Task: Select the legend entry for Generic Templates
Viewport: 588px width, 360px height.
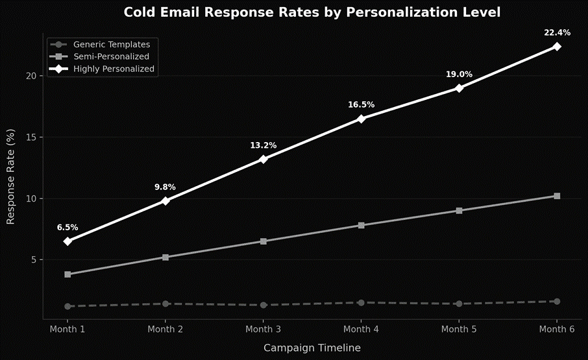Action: click(x=111, y=45)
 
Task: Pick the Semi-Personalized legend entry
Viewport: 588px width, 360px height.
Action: click(x=111, y=56)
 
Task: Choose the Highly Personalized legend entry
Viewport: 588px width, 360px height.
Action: click(x=114, y=68)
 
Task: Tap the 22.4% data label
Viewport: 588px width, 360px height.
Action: click(x=557, y=32)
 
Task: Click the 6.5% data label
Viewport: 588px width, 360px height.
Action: click(x=67, y=228)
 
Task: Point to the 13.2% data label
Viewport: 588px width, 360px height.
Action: click(x=263, y=145)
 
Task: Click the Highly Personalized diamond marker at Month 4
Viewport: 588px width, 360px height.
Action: click(x=361, y=119)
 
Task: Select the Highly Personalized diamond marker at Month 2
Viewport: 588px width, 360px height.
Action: click(x=165, y=201)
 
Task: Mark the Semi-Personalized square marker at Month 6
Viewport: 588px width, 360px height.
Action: click(x=557, y=196)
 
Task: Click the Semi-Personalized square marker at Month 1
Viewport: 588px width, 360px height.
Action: click(x=67, y=274)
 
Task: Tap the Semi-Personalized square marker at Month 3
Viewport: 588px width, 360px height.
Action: click(x=263, y=241)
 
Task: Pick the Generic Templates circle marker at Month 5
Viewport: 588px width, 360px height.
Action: click(x=459, y=304)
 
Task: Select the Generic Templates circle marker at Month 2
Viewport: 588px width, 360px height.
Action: click(x=165, y=304)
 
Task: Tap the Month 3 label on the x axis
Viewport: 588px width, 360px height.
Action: click(x=263, y=330)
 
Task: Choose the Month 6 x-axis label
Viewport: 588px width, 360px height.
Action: click(x=557, y=330)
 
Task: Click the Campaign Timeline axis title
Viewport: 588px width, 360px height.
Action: click(x=312, y=348)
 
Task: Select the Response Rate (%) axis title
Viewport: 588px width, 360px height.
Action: click(x=10, y=177)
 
